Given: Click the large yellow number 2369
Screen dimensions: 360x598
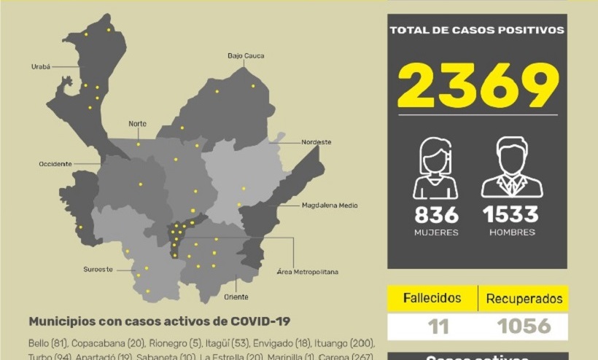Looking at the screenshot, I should (x=477, y=85).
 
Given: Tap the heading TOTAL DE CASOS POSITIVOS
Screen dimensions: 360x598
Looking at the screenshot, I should (x=477, y=31).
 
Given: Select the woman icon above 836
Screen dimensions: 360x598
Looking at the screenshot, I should (x=436, y=168).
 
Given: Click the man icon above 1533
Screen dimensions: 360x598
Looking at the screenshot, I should (x=511, y=168).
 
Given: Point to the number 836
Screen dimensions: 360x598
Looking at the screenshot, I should (x=437, y=215).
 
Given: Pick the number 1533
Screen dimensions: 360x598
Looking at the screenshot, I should (x=510, y=215).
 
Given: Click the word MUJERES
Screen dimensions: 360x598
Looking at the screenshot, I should (x=437, y=232).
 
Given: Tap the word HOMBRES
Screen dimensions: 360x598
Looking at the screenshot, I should (x=511, y=232).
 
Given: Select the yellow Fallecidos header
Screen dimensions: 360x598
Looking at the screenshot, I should (x=432, y=298).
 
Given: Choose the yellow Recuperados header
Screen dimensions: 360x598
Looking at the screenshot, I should (x=524, y=299).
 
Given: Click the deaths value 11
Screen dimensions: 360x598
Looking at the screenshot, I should (x=438, y=326).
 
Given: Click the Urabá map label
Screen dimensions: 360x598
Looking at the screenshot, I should (x=41, y=66).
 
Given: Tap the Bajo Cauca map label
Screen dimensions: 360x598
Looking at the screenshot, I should (x=246, y=55).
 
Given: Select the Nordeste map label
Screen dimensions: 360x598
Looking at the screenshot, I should (x=317, y=142).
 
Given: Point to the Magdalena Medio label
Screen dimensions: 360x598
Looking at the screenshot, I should (x=330, y=206).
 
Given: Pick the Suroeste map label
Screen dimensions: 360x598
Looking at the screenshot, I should (x=98, y=270).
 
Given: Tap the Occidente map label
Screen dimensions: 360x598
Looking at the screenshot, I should (x=55, y=164).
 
